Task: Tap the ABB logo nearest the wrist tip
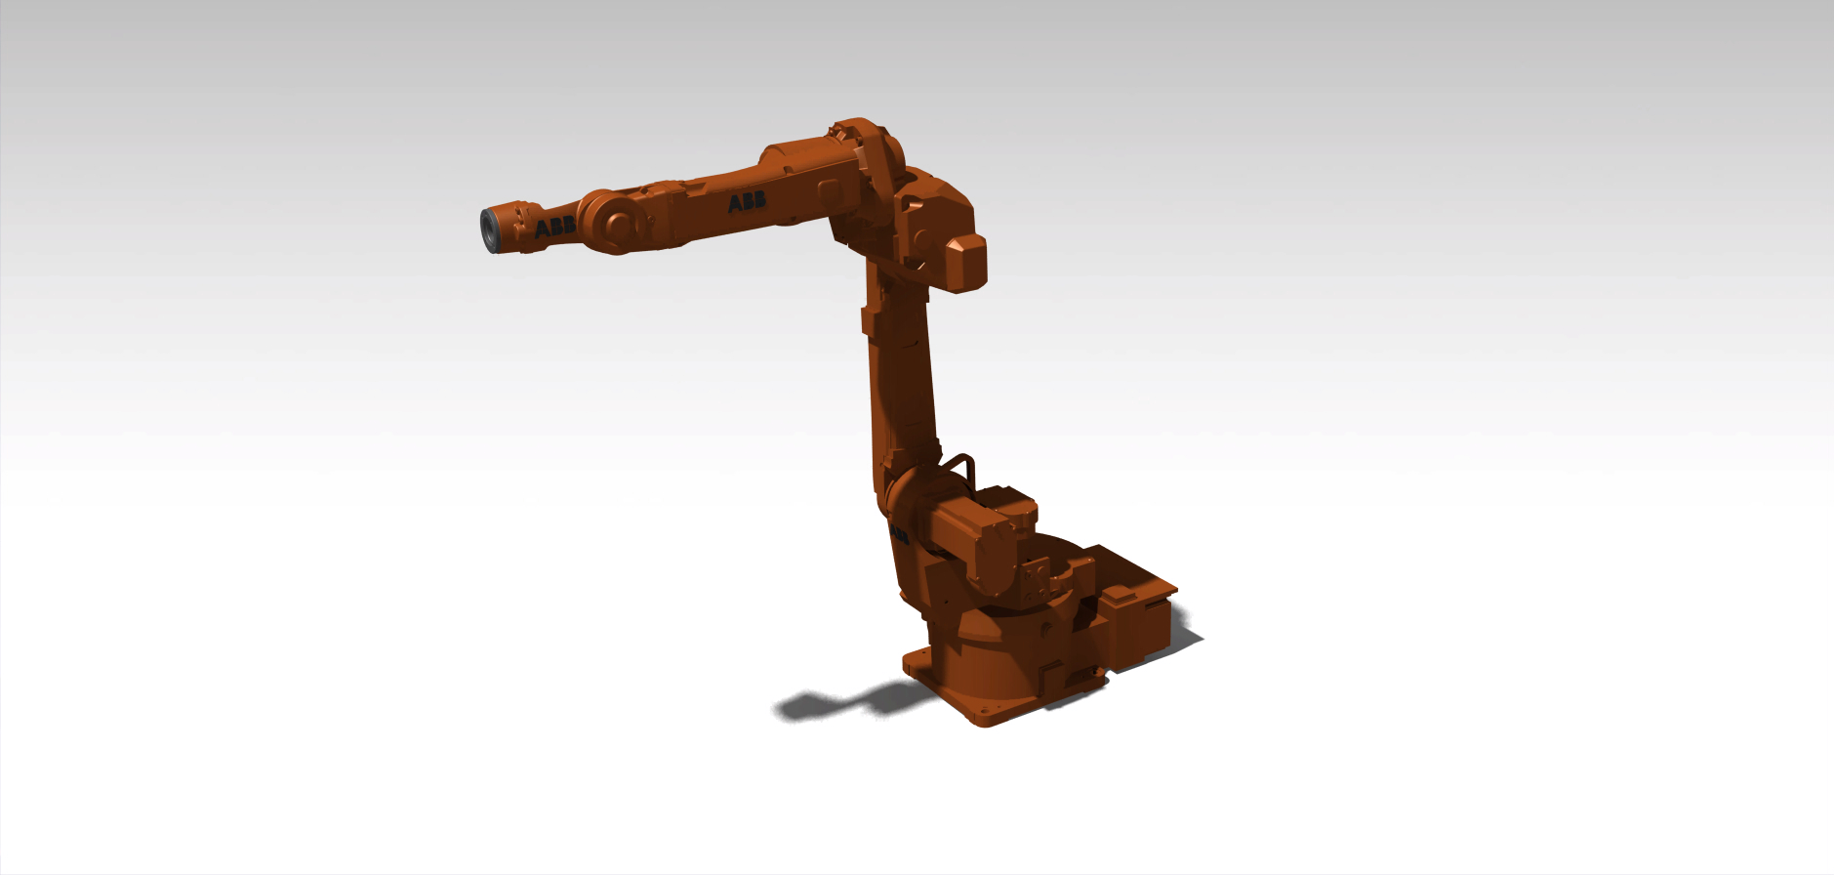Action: tap(553, 228)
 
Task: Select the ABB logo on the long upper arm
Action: tap(747, 202)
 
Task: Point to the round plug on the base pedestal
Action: tap(1046, 630)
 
